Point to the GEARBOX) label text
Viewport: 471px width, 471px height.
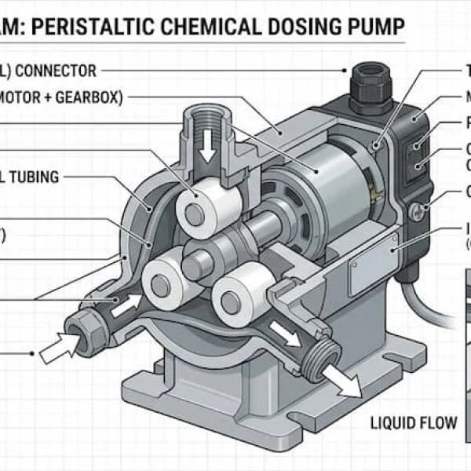click(87, 97)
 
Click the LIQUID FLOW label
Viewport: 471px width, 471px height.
click(414, 423)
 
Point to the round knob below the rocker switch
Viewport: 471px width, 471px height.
click(417, 210)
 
